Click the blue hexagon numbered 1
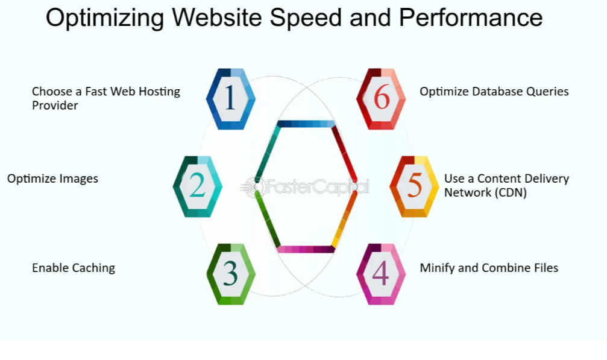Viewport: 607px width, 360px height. [x=230, y=99]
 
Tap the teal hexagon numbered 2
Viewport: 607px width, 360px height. [x=197, y=186]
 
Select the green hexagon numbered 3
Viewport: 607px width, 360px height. [x=230, y=274]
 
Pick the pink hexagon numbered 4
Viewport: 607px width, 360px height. [x=381, y=274]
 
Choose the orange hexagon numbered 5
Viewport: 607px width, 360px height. [x=414, y=186]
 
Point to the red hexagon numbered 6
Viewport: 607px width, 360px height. [x=381, y=99]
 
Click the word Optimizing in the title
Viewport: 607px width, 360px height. [x=104, y=18]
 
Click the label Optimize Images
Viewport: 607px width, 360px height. [x=52, y=178]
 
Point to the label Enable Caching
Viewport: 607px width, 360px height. [x=74, y=268]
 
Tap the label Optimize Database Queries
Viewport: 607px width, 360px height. [x=494, y=92]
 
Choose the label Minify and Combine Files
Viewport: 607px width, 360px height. [x=489, y=268]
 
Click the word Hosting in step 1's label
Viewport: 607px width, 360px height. [x=160, y=92]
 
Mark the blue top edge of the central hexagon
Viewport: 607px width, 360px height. [x=306, y=124]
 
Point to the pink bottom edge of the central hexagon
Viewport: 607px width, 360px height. [x=306, y=249]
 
